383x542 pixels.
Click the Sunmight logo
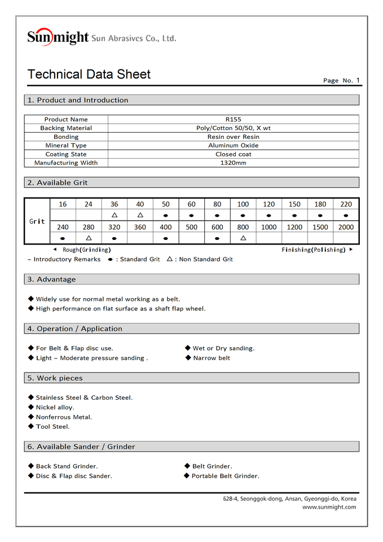click(58, 37)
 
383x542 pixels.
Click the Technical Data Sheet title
click(89, 75)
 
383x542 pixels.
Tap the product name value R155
click(233, 119)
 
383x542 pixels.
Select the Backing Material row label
click(66, 128)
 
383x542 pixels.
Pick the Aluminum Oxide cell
click(233, 146)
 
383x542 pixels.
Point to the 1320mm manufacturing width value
click(233, 163)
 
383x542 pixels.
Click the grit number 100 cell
click(243, 204)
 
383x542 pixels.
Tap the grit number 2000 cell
click(346, 227)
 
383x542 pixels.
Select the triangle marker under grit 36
click(115, 215)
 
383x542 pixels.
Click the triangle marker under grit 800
click(243, 238)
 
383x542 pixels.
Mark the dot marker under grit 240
click(63, 238)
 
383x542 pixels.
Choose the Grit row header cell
click(37, 221)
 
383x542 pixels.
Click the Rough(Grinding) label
click(86, 250)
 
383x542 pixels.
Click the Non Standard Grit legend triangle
click(170, 259)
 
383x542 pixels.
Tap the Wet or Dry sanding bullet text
click(223, 348)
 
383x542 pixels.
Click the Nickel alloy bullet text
click(55, 407)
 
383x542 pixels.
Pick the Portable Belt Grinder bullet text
click(225, 476)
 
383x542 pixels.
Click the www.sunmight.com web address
click(329, 507)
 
